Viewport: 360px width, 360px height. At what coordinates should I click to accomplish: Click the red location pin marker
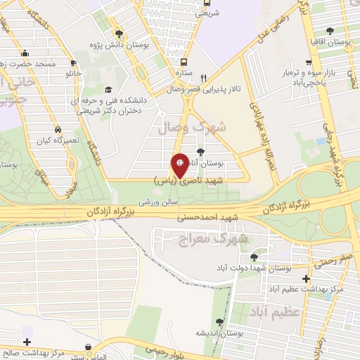coord(181,165)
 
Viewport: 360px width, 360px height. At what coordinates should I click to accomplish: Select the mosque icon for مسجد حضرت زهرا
coord(25,52)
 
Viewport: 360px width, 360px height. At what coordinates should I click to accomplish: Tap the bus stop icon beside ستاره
coord(184,62)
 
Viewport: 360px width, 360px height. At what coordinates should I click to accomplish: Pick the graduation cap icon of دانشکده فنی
coord(109,89)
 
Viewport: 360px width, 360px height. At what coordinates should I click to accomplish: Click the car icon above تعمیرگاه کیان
coord(57,129)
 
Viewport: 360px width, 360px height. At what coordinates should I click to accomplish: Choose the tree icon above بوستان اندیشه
coord(220,322)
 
